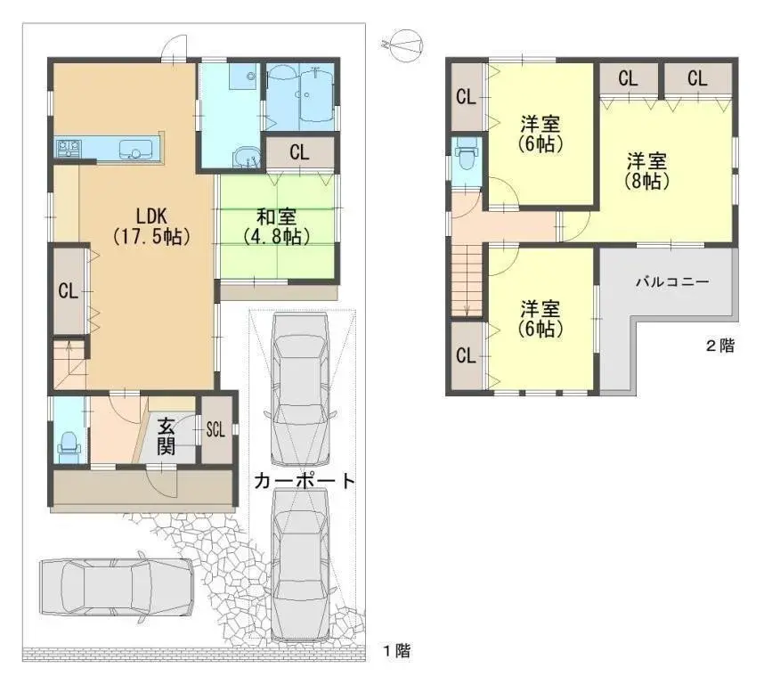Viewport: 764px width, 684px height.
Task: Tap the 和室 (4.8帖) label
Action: click(276, 226)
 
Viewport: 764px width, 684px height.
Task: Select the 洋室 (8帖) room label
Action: click(647, 171)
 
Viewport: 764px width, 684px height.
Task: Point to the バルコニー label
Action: click(672, 281)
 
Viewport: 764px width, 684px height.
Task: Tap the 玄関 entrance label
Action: click(166, 436)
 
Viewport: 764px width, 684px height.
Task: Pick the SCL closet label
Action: click(215, 428)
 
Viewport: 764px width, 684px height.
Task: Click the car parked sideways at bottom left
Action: click(116, 587)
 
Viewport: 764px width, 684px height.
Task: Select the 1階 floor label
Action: click(397, 651)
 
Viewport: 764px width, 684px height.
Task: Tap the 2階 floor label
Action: click(720, 346)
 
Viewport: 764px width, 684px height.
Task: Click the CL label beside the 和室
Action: click(298, 152)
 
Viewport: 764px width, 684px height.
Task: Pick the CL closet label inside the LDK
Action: click(67, 290)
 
